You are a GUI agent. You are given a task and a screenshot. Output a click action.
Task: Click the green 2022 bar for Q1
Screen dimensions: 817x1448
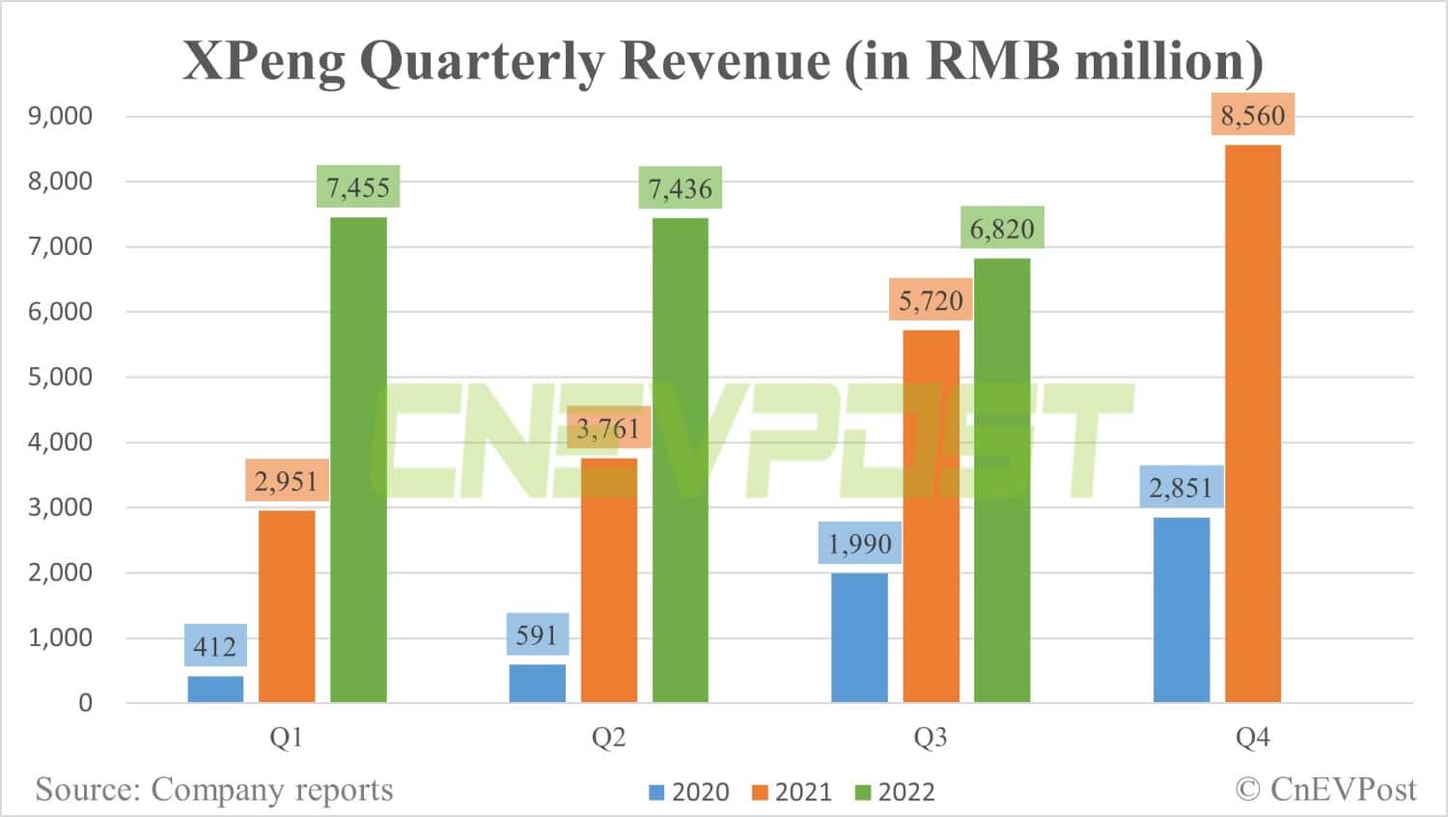click(358, 460)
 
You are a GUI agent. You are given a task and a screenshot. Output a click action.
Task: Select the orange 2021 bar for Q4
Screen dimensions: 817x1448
click(1253, 424)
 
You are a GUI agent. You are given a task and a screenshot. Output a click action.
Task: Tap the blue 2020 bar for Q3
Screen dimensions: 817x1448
click(859, 637)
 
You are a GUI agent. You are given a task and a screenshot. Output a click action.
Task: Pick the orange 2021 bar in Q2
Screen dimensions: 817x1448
click(608, 579)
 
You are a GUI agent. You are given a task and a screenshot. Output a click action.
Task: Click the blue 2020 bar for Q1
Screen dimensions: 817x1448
click(215, 689)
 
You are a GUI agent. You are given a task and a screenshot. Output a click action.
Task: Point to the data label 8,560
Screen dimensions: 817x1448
click(1253, 116)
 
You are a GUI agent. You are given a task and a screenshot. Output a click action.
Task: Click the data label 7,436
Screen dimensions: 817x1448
click(680, 188)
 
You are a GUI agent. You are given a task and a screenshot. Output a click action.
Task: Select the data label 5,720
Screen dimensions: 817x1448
click(931, 301)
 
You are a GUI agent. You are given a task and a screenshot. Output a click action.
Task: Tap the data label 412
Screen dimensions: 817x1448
click(215, 646)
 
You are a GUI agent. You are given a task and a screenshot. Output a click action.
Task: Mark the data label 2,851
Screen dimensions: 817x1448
click(1181, 488)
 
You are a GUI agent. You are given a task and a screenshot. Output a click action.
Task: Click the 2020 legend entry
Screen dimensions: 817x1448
click(689, 793)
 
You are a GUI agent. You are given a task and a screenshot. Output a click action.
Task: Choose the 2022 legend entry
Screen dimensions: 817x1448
click(895, 793)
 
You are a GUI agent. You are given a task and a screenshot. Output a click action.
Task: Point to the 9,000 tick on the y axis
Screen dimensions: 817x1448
click(60, 116)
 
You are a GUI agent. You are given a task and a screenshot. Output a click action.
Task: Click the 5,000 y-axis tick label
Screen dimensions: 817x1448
click(60, 377)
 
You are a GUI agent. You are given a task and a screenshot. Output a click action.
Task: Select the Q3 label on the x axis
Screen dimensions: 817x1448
click(931, 738)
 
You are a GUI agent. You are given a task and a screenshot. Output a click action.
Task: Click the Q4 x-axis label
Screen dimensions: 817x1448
click(1253, 738)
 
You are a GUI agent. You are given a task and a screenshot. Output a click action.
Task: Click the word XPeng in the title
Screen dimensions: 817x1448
click(264, 61)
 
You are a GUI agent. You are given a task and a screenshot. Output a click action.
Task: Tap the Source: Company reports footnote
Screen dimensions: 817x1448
click(214, 790)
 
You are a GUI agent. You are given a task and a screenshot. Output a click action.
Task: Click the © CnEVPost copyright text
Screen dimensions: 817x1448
click(1325, 790)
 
